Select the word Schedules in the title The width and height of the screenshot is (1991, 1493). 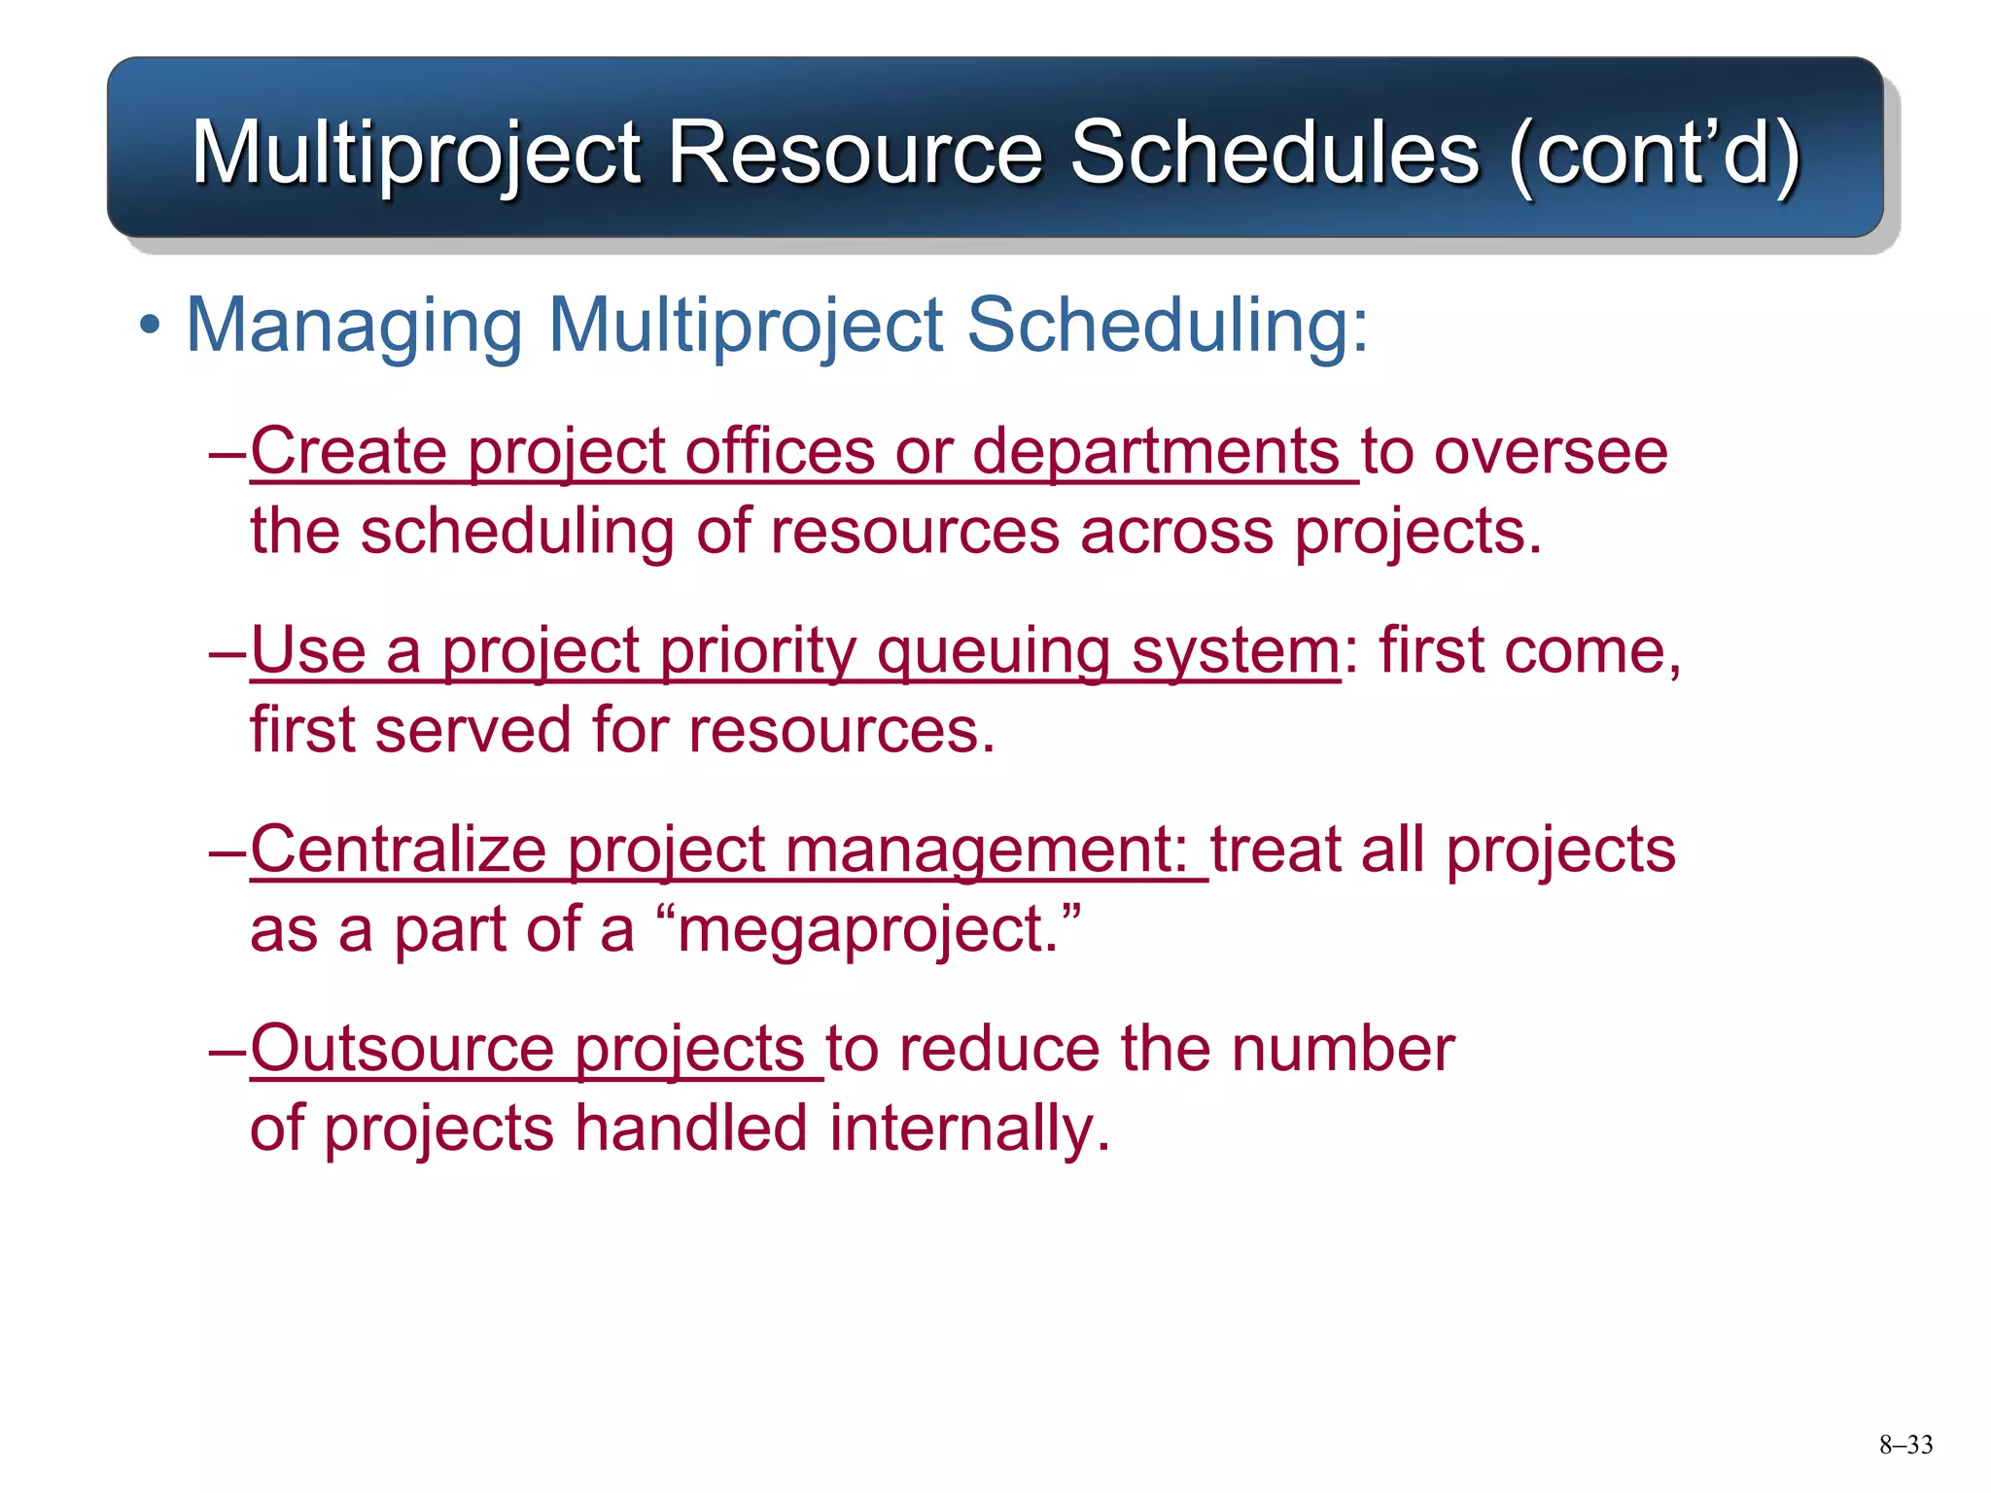pyautogui.click(x=1274, y=153)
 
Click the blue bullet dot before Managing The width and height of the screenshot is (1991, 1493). pyautogui.click(x=149, y=327)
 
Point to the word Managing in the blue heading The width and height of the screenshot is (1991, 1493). pyautogui.click(x=354, y=326)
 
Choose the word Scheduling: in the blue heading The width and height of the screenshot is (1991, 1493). pyautogui.click(x=1167, y=326)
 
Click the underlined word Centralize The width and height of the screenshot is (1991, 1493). pyautogui.click(x=399, y=849)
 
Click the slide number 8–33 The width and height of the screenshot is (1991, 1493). pyautogui.click(x=1905, y=1445)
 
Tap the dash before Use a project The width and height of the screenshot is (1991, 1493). pyautogui.click(x=228, y=652)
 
